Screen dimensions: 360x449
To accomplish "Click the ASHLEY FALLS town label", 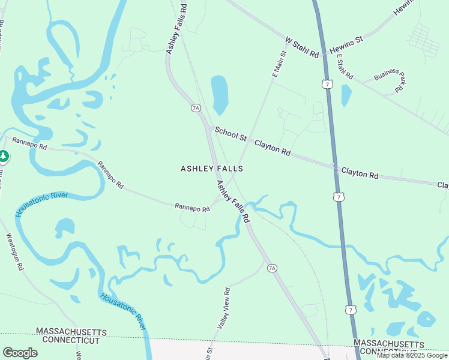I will tap(211, 169).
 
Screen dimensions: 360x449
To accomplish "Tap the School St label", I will tap(231, 134).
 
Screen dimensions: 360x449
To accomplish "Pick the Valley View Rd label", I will tap(223, 307).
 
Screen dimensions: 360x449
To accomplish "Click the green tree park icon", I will tap(4, 157).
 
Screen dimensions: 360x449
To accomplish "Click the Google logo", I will tap(20, 353).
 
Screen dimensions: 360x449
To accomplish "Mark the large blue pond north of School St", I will tap(220, 94).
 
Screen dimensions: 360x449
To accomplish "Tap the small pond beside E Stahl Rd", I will tap(346, 95).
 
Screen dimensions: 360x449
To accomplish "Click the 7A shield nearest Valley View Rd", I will tap(272, 267).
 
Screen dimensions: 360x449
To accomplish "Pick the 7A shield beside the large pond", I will tap(196, 108).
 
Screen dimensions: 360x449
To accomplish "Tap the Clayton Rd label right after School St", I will tap(273, 148).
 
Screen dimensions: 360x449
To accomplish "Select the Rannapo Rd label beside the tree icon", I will tap(29, 145).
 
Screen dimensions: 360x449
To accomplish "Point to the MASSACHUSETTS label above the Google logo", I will tap(71, 332).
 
